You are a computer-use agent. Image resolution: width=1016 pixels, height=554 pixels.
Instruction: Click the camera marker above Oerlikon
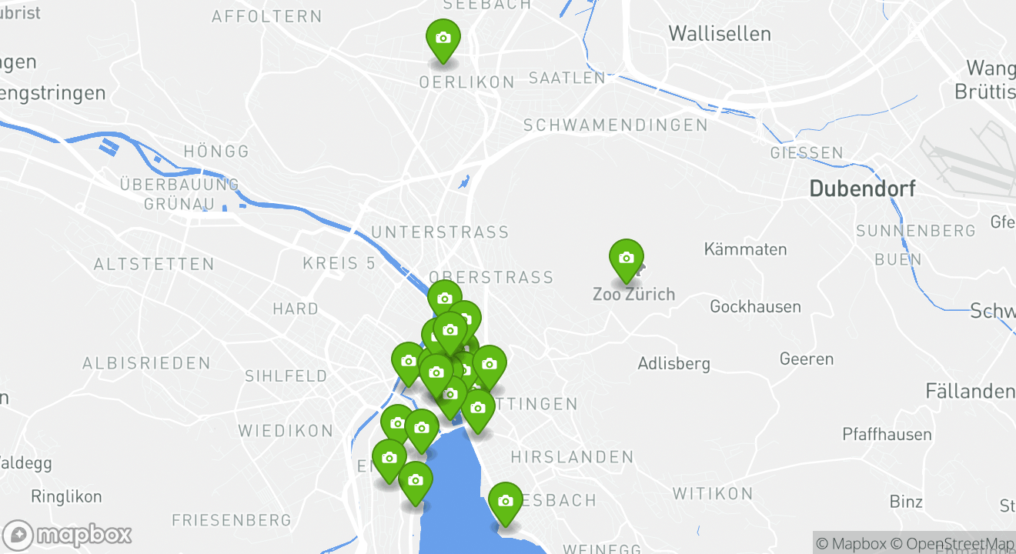point(443,38)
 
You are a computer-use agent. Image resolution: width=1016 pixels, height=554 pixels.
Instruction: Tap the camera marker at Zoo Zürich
point(626,259)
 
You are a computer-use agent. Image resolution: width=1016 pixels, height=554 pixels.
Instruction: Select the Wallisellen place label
point(720,34)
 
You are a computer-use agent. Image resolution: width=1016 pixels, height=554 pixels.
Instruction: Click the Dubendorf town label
point(862,189)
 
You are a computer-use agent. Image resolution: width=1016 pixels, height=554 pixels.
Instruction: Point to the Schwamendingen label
point(615,125)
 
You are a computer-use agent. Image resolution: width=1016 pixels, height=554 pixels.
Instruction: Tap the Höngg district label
point(217,152)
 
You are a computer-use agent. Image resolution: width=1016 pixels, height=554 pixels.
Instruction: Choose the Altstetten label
point(154,265)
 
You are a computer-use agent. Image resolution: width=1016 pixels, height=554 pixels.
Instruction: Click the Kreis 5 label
point(339,263)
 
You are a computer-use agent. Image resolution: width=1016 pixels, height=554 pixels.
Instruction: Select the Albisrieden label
point(146,363)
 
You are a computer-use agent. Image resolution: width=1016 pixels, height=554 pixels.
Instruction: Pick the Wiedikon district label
point(286,431)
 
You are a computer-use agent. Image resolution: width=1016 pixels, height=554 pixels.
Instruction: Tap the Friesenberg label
point(232,521)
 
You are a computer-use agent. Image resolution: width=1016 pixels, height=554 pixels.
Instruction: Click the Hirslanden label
point(572,458)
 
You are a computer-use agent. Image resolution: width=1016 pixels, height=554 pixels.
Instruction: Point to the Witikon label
point(713,494)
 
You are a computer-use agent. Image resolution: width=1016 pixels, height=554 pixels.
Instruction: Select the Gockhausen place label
point(755,307)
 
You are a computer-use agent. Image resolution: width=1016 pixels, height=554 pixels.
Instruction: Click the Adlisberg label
point(673,364)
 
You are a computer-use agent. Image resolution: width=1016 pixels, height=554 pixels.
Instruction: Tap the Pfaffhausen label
point(887,435)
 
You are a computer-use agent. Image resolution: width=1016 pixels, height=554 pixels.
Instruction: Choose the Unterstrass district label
point(439,232)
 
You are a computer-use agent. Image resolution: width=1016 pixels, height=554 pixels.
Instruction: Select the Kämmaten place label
point(745,250)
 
